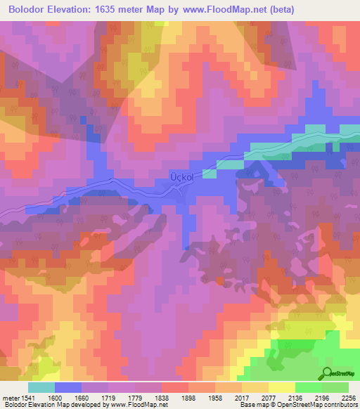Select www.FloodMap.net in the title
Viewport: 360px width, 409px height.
pyautogui.click(x=222, y=10)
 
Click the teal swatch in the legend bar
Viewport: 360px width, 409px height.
pyautogui.click(x=41, y=387)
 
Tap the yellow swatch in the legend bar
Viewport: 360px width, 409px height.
pyautogui.click(x=282, y=387)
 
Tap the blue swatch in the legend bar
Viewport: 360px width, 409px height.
pyautogui.click(x=67, y=387)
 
